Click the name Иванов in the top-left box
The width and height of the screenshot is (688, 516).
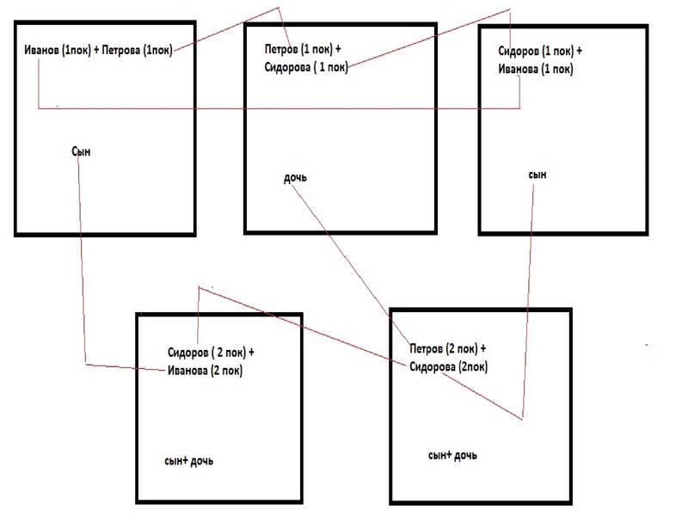tap(43, 51)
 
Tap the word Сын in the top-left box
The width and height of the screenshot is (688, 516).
tap(81, 151)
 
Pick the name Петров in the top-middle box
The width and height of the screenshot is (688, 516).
tap(280, 51)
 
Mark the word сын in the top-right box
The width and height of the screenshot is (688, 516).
tap(537, 175)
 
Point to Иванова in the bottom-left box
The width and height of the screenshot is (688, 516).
tap(188, 371)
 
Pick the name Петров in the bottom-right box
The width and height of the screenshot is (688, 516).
tap(427, 349)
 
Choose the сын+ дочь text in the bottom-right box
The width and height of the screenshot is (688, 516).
tap(452, 454)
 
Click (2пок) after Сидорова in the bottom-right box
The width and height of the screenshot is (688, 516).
tap(474, 366)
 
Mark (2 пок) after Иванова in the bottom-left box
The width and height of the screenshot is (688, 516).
tap(226, 371)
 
